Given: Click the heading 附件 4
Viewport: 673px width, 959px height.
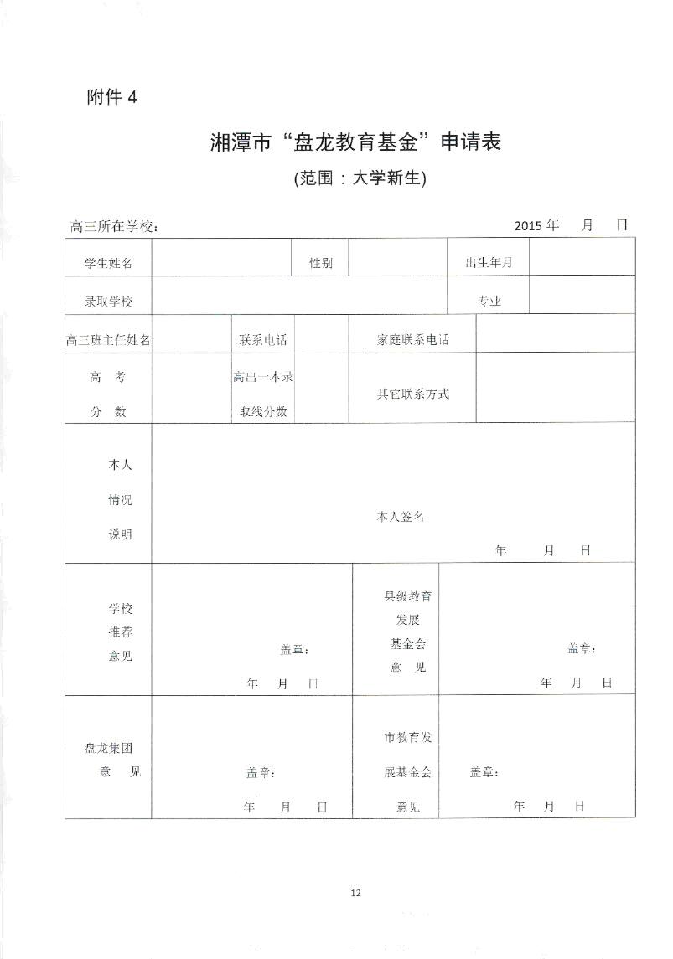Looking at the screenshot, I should coord(111,97).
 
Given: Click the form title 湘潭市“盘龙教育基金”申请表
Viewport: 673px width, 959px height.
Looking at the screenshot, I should coord(355,142).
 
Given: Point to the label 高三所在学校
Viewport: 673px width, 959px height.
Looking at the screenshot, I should coord(115,227).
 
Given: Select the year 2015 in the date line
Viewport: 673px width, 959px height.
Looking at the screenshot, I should coord(529,225).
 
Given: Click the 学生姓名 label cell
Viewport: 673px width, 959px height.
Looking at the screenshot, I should coord(108,263).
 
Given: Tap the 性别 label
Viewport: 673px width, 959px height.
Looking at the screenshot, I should coord(320,263).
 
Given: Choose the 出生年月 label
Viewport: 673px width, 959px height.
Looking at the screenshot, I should coord(489,263).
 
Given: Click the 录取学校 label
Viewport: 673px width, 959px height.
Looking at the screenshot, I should coord(108,302).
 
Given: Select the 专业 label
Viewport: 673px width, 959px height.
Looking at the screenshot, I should coord(489,302).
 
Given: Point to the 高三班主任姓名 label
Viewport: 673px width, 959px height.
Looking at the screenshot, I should coord(108,340).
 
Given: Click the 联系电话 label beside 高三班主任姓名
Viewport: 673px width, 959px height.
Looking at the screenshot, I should coord(262,340).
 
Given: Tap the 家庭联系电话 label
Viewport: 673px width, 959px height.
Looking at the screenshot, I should coord(412,340).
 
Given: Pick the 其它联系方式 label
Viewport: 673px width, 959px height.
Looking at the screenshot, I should coord(412,394).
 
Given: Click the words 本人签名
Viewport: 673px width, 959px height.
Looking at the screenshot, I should coord(400,517).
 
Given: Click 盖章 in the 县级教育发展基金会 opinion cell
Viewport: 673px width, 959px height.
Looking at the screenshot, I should coord(581,648).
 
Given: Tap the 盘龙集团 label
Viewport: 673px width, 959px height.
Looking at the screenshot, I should coord(109,749).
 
